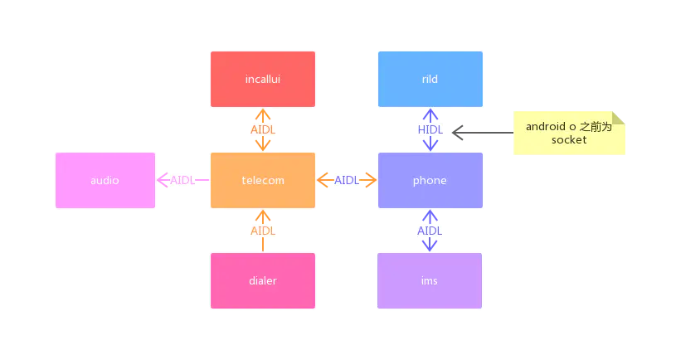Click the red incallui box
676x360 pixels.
point(263,80)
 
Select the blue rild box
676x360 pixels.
point(430,80)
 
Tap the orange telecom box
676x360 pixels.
point(263,180)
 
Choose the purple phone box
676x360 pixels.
point(430,180)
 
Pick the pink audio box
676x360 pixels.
point(105,180)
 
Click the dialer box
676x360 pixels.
point(263,280)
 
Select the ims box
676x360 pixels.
point(430,280)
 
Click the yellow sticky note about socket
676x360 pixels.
point(569,133)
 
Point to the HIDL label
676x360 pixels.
point(430,130)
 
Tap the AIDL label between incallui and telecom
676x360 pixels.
point(263,130)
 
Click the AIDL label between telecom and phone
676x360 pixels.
point(347,180)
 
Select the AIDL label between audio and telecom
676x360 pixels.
point(182,180)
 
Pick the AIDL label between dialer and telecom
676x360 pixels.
point(263,231)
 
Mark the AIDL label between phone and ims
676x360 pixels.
point(430,231)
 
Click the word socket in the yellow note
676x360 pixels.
point(569,140)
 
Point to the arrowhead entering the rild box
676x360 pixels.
point(430,114)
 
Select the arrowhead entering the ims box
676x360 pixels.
point(430,246)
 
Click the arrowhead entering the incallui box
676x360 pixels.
point(263,114)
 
